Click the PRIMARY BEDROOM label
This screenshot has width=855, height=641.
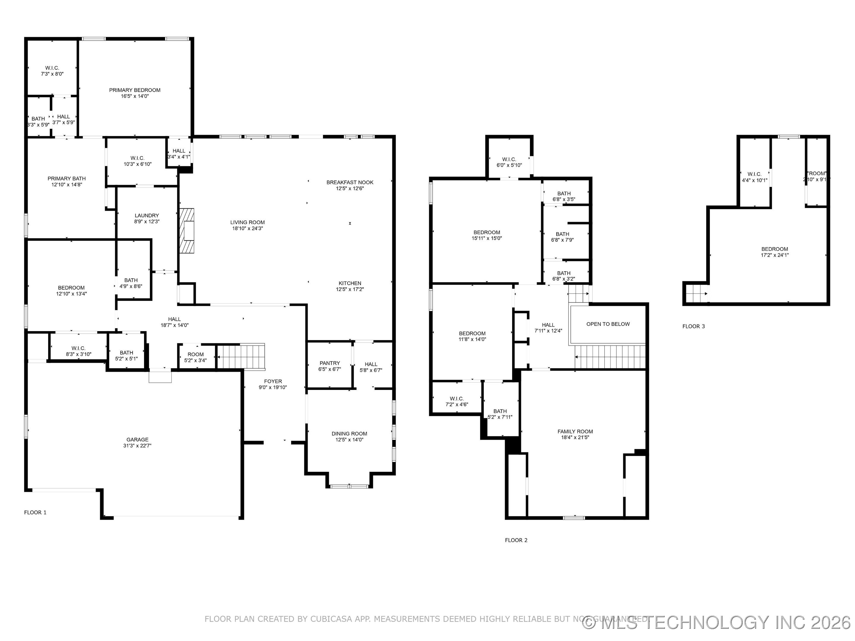click(134, 90)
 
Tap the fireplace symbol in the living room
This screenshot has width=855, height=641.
click(187, 231)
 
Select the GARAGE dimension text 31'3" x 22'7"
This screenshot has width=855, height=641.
click(137, 445)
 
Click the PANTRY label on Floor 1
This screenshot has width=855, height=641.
click(330, 363)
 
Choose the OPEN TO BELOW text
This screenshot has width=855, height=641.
click(608, 324)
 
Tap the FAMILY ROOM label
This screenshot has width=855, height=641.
click(575, 431)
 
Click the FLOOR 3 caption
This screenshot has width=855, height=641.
click(693, 326)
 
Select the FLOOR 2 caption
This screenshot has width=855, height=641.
click(516, 540)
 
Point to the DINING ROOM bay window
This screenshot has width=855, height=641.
click(349, 486)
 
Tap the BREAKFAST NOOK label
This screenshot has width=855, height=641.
click(350, 183)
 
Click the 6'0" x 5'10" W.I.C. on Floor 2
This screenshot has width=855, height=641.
click(509, 162)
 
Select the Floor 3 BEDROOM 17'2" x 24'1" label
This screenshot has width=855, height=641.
click(775, 252)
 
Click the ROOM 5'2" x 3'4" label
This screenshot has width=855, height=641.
click(196, 357)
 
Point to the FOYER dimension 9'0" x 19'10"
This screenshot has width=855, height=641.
click(273, 387)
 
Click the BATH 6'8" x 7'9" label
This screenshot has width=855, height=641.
click(562, 237)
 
